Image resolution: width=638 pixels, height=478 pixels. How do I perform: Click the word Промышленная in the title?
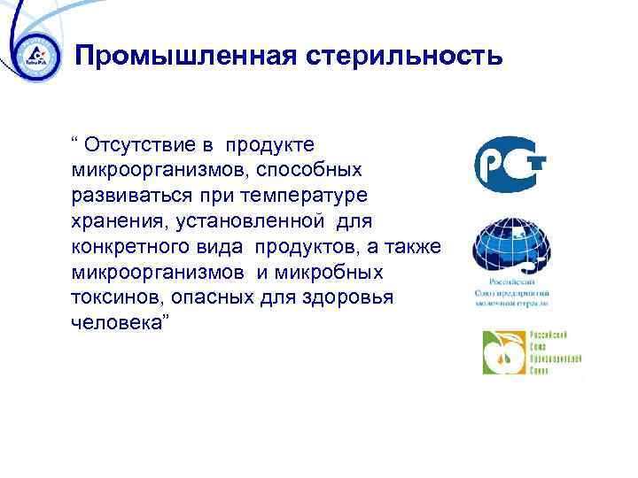point(186,57)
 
